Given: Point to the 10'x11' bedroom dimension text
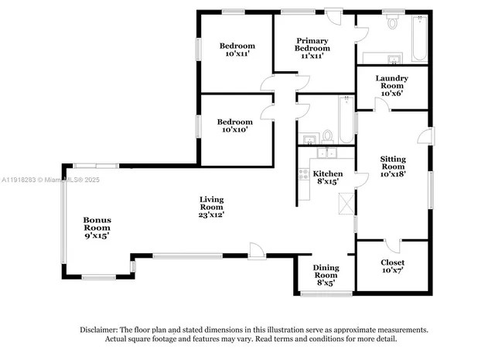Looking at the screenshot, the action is (x=237, y=53).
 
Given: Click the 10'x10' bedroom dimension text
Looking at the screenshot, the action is (x=235, y=129).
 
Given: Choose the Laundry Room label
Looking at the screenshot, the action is (x=392, y=82).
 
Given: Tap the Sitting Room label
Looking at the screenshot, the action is (x=393, y=163).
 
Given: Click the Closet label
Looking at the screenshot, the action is (x=392, y=262).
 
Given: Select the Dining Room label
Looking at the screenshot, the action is (x=326, y=272).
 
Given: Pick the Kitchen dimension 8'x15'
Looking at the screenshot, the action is (x=328, y=181).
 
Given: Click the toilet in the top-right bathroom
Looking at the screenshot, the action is (x=392, y=21).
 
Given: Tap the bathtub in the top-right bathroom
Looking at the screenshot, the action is (x=419, y=38).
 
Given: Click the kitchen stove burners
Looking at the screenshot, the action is (x=304, y=174).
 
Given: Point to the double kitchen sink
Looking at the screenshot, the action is (x=326, y=153).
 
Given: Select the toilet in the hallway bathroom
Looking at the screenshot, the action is (x=328, y=136).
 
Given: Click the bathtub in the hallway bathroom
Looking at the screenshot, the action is (x=346, y=120).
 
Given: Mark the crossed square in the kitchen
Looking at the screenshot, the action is (x=346, y=204).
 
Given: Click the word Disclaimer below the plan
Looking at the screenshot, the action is (x=99, y=330).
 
